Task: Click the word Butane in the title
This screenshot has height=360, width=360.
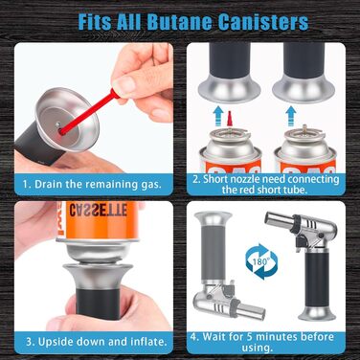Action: [180, 21]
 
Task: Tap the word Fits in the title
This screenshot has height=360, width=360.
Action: [95, 21]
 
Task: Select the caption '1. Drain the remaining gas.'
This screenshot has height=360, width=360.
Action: [92, 184]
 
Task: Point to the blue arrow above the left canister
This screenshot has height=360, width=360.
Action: [218, 116]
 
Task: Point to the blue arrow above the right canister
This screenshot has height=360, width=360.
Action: [290, 116]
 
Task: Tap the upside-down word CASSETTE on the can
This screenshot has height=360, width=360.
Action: [99, 210]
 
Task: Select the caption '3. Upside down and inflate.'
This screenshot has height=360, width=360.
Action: [97, 342]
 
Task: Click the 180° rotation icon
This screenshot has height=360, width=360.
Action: [261, 261]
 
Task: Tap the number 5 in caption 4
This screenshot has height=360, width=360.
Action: [250, 337]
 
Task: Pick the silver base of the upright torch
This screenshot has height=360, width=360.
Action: [317, 314]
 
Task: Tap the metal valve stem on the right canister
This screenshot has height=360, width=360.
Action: [304, 129]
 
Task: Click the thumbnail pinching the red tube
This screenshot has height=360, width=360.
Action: [120, 85]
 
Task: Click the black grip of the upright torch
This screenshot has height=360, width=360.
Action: [317, 279]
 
